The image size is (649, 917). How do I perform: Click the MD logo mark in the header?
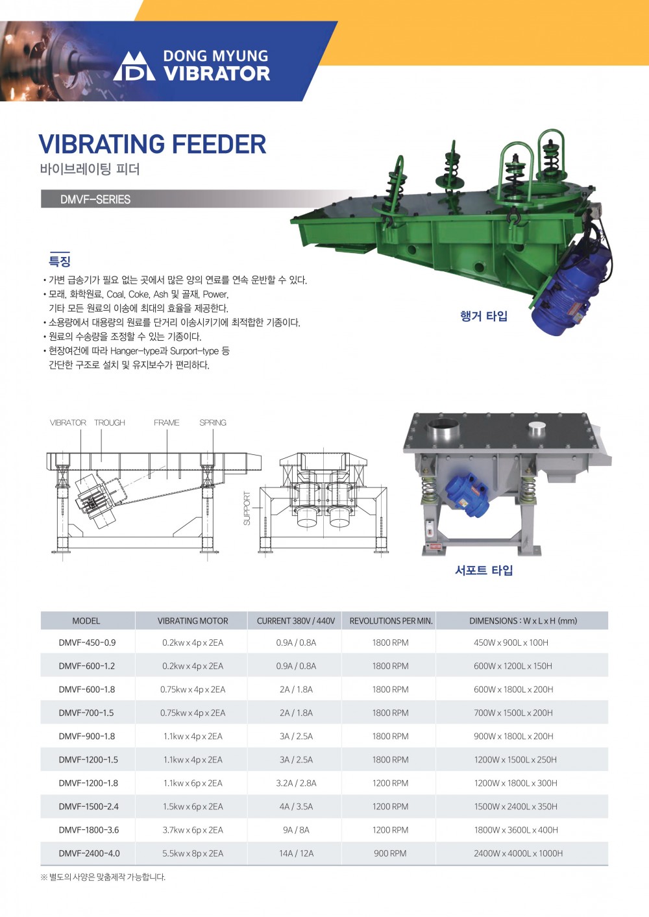pyautogui.click(x=134, y=66)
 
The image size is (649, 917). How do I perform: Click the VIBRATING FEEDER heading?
pyautogui.click(x=153, y=143)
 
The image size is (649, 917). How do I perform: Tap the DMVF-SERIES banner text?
pyautogui.click(x=95, y=199)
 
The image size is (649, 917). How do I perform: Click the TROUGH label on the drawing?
pyautogui.click(x=109, y=422)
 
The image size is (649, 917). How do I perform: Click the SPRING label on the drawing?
pyautogui.click(x=212, y=422)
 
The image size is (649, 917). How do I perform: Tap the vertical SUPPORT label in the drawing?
pyautogui.click(x=247, y=508)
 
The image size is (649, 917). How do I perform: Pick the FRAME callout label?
pyautogui.click(x=166, y=422)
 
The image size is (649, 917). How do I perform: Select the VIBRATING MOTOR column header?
pyautogui.click(x=193, y=620)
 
